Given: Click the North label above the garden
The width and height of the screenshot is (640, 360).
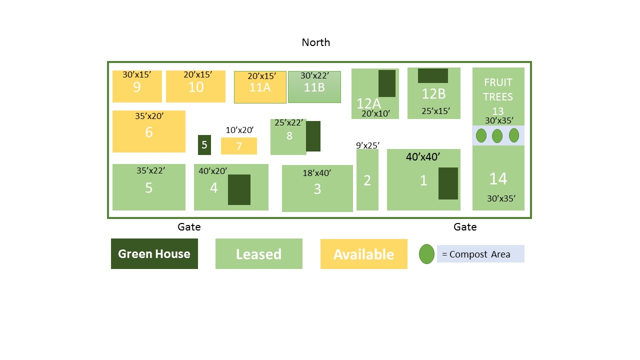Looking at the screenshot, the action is point(315,42).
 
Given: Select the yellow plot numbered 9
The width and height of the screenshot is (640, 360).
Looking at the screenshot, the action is point(137,86).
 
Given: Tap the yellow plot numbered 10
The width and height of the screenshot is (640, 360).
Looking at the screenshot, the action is point(195,86).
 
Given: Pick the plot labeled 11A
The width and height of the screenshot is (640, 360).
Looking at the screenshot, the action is point(260,87).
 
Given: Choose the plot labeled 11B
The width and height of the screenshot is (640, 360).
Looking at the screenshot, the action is point(314,87).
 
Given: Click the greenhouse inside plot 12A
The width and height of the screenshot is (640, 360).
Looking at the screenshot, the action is point(387,83).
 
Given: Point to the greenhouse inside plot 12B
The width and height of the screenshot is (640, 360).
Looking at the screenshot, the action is point(433,75).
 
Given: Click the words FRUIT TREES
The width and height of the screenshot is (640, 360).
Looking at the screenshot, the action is point(498,89).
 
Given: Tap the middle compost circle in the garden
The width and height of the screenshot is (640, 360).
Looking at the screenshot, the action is point(497,135).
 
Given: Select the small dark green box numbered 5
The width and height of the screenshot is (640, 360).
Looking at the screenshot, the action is point(204,145).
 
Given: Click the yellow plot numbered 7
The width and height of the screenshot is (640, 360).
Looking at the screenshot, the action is point(239,146).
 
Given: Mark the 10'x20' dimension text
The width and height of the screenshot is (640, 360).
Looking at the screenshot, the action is point(239,130).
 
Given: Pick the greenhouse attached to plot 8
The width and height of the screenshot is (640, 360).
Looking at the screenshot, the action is point(313,136).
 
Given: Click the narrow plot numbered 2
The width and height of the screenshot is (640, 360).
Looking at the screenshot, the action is point(367,179).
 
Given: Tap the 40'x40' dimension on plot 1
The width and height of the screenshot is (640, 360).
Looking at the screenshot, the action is point(423,156).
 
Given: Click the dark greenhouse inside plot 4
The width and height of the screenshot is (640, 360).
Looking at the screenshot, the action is point(239,189).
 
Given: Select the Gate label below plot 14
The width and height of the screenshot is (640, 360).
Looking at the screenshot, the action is point(465,227).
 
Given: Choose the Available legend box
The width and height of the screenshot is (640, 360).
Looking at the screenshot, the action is point(363,253).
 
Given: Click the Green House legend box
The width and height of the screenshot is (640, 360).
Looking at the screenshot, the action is point(154,253).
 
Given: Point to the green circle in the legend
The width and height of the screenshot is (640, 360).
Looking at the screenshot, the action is point(426,254).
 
